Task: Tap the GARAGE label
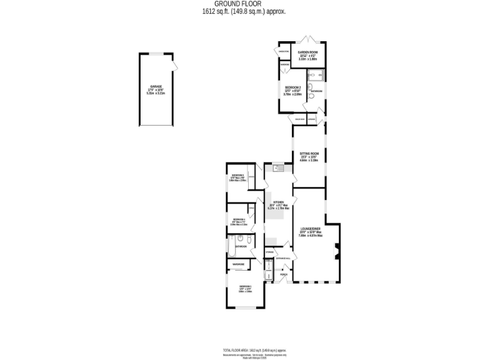[156, 86]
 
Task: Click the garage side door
[176, 66]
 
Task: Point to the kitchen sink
[279, 167]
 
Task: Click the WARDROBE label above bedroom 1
[238, 264]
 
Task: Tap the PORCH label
[283, 274]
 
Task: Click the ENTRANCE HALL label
[282, 257]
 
